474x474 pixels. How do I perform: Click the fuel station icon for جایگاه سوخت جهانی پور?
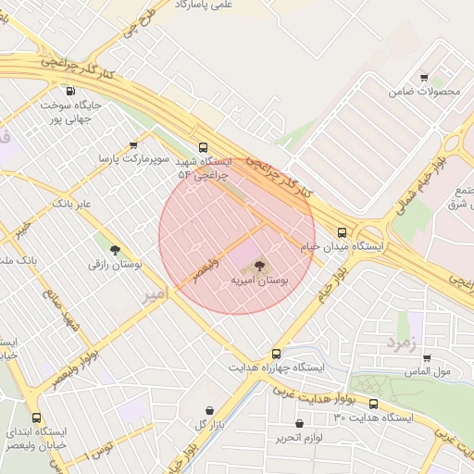(x=72, y=92)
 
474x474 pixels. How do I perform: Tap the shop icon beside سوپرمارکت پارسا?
(x=134, y=145)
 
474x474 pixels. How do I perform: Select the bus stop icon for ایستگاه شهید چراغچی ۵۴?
(x=203, y=146)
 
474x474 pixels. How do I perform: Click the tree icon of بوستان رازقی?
(x=115, y=250)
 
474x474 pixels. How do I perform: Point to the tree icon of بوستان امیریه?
(x=258, y=265)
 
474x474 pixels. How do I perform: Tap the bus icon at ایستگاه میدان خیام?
(x=343, y=233)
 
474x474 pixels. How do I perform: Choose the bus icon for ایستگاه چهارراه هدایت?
(x=276, y=354)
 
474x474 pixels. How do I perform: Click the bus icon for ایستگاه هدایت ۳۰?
(x=374, y=404)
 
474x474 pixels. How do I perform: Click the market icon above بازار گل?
(x=209, y=410)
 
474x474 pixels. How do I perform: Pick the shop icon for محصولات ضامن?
(x=424, y=78)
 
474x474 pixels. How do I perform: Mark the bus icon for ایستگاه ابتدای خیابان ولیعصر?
(x=37, y=418)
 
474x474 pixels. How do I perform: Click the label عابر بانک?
(x=70, y=203)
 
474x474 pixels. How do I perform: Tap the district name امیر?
(x=154, y=294)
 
